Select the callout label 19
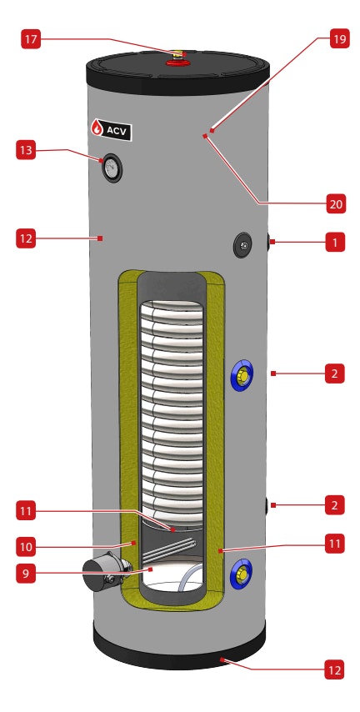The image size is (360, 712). [339, 39]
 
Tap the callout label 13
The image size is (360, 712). [27, 150]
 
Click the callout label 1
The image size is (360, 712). [334, 243]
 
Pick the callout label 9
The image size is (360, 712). [27, 574]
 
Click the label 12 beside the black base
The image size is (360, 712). [334, 669]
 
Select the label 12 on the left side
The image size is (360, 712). [27, 238]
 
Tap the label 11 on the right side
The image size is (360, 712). [333, 544]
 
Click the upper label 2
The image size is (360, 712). [334, 374]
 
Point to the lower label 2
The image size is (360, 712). [334, 504]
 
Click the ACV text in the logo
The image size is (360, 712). [117, 130]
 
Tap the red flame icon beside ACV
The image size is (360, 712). [97, 128]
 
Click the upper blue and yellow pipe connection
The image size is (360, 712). [241, 378]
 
